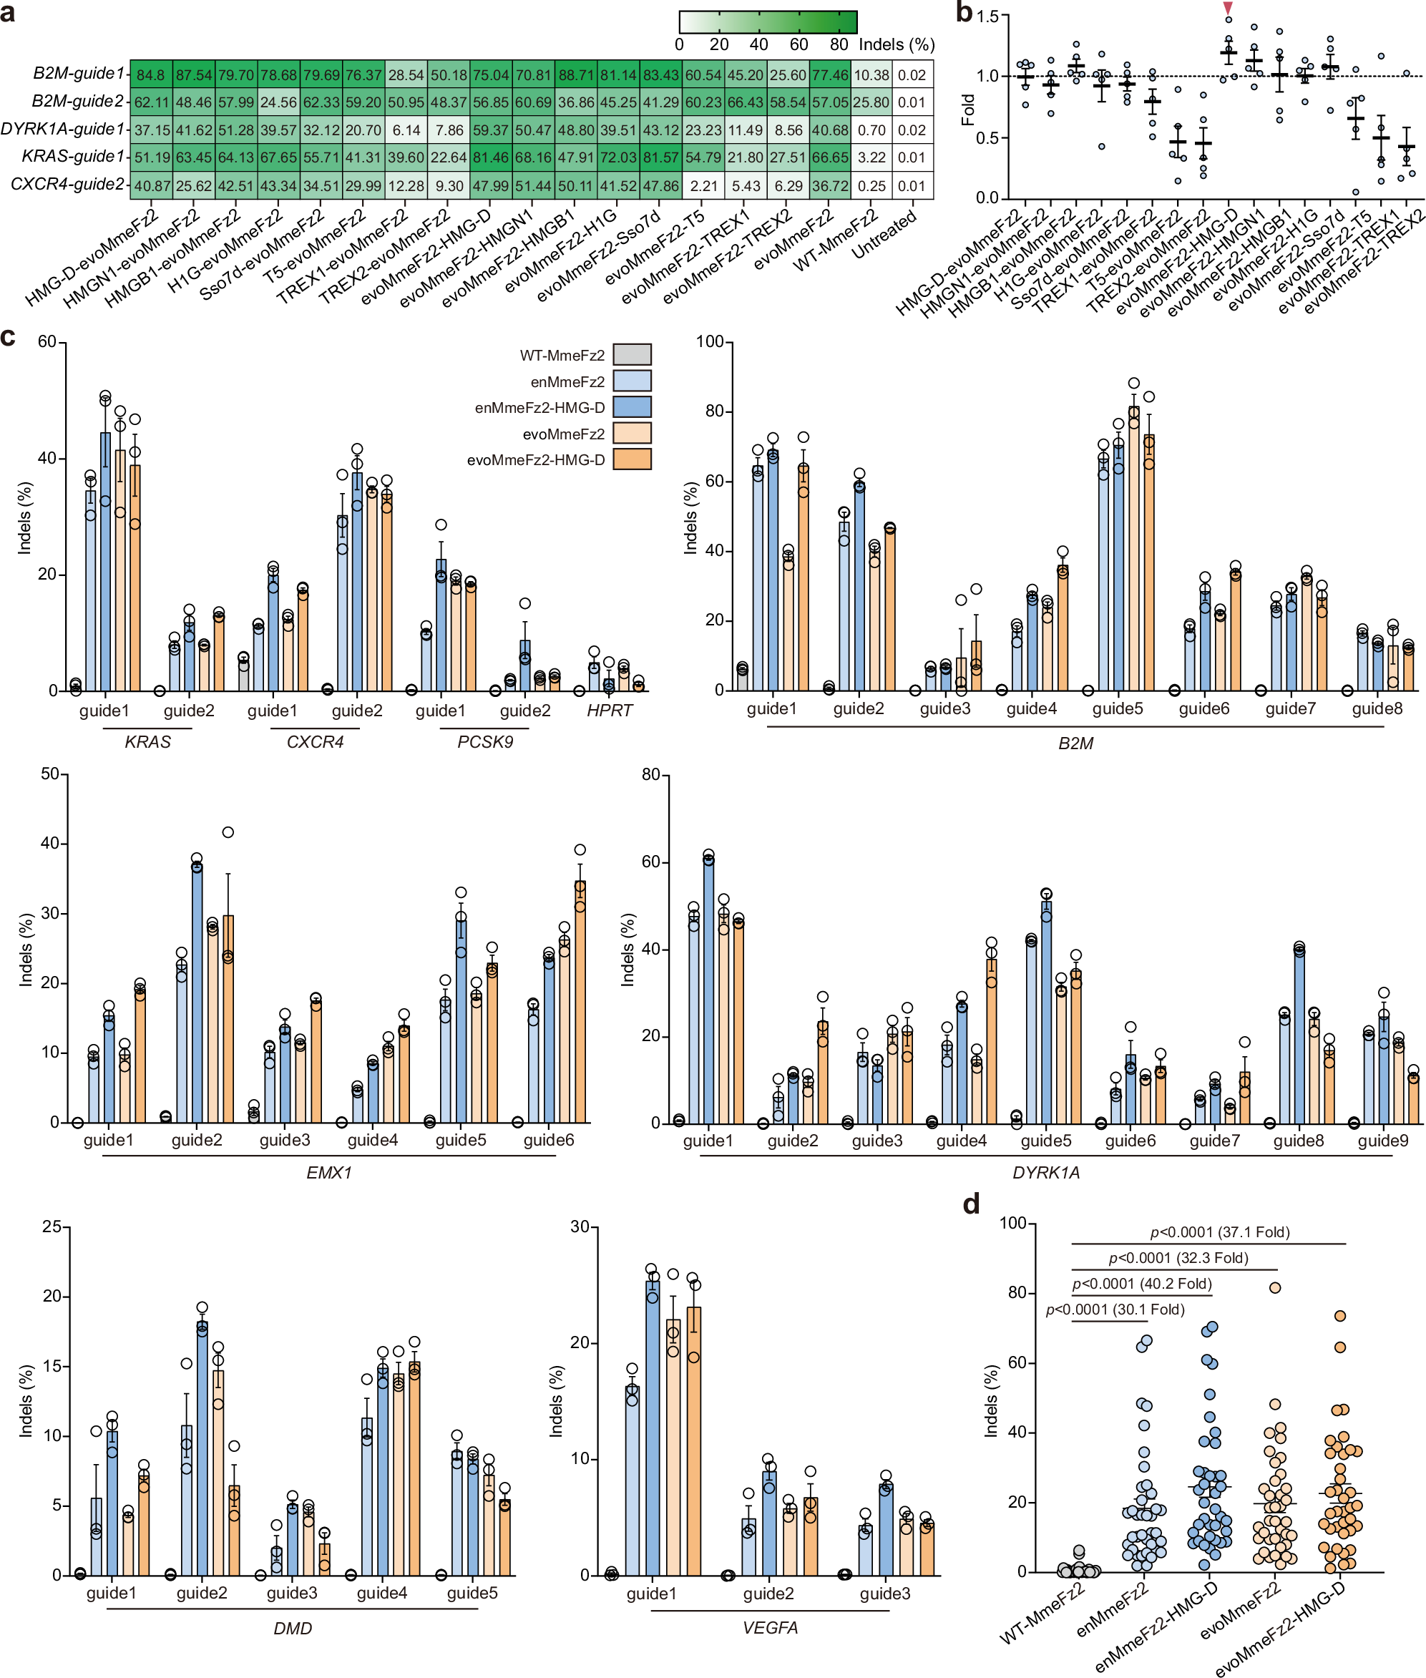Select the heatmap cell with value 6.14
point(406,130)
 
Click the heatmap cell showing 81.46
point(491,157)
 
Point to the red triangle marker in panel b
point(1228,8)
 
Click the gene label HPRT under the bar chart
point(609,711)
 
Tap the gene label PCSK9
point(485,742)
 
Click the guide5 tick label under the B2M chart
point(1117,709)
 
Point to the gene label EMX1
point(329,1172)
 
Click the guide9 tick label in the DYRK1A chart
point(1382,1141)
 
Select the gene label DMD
point(293,1628)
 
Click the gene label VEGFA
point(770,1628)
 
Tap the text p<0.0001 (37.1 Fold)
point(1220,1231)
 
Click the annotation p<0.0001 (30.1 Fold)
point(1115,1309)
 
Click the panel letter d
point(971,1204)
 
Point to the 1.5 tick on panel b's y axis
point(986,16)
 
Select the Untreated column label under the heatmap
point(885,235)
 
